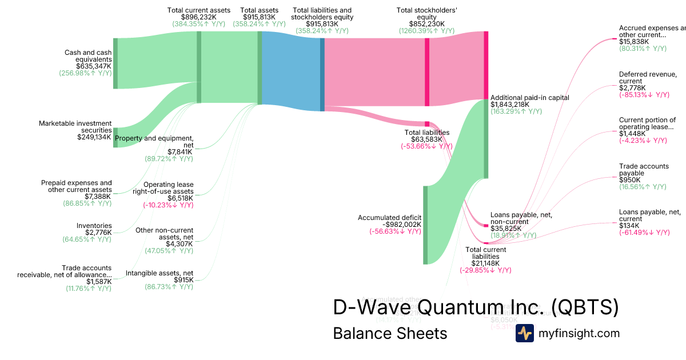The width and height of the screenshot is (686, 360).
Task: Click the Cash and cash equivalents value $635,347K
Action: click(x=94, y=66)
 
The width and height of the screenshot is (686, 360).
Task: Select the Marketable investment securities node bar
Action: click(x=115, y=138)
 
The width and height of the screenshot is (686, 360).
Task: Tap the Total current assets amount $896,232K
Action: click(x=199, y=17)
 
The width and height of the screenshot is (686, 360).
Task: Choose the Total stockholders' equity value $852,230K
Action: click(x=426, y=24)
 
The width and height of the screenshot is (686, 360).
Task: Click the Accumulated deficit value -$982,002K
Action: click(x=398, y=225)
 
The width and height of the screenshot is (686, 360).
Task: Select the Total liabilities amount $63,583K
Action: click(x=426, y=139)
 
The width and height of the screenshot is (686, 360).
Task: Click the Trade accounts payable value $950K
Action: click(x=629, y=180)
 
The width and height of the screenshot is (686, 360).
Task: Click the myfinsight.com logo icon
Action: click(x=524, y=333)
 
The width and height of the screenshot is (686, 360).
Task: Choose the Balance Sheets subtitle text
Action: click(x=390, y=333)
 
